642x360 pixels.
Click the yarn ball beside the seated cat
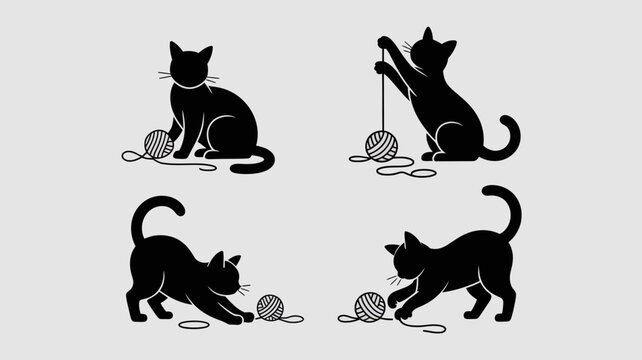point(158,144)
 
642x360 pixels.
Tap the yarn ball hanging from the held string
point(380,145)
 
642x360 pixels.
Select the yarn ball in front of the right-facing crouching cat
point(270,307)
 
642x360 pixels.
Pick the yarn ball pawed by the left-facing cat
point(369,306)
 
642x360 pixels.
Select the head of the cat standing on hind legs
point(436,51)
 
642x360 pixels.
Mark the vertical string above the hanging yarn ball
point(381,95)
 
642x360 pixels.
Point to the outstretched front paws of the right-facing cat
point(242,316)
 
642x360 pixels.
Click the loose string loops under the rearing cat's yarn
point(400,166)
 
